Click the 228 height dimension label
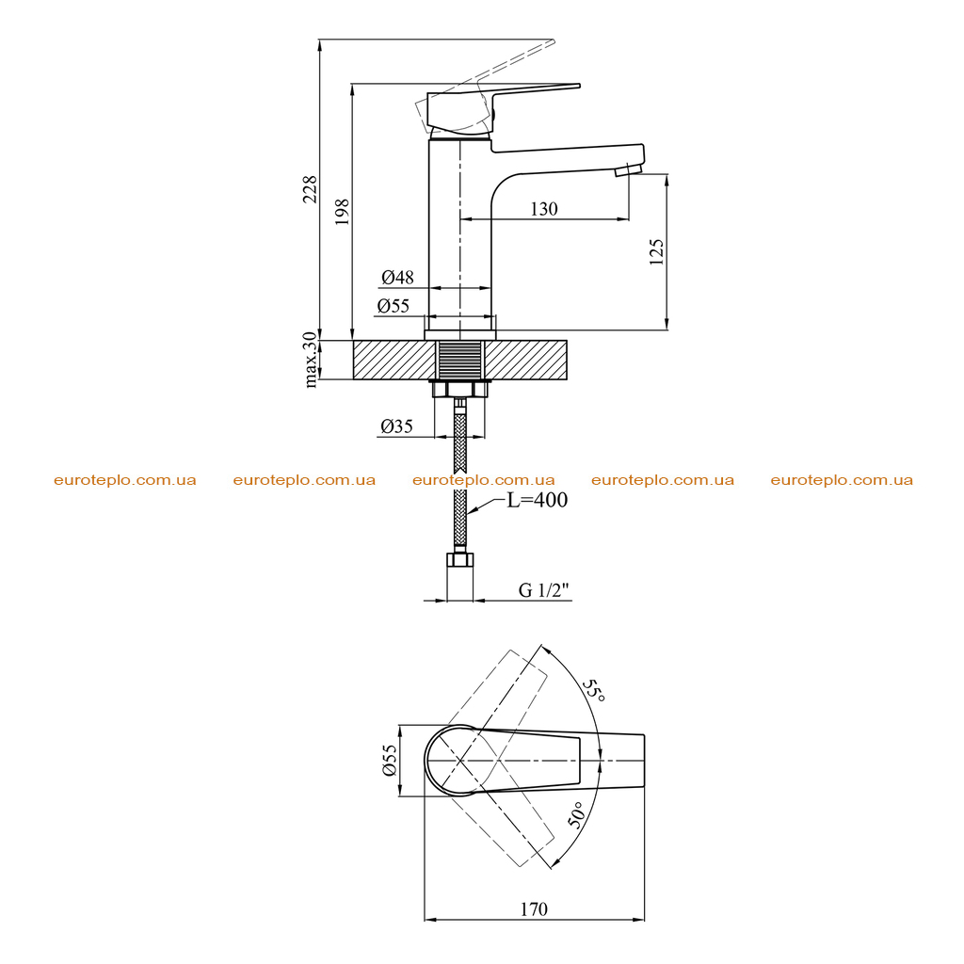(310, 189)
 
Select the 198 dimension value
(342, 212)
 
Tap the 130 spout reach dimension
(544, 209)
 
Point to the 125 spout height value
(656, 252)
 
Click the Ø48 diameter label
(397, 278)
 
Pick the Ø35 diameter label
(396, 426)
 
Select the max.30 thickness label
(311, 360)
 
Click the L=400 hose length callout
(537, 500)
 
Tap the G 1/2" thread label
(544, 590)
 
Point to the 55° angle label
(594, 691)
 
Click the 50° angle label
(577, 814)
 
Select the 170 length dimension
(534, 908)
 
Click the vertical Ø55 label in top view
(390, 761)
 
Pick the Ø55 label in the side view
(394, 306)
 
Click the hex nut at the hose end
(459, 560)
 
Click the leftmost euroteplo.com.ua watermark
(125, 480)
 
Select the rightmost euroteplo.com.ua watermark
(842, 480)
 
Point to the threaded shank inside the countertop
(459, 360)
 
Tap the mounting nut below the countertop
(459, 389)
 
